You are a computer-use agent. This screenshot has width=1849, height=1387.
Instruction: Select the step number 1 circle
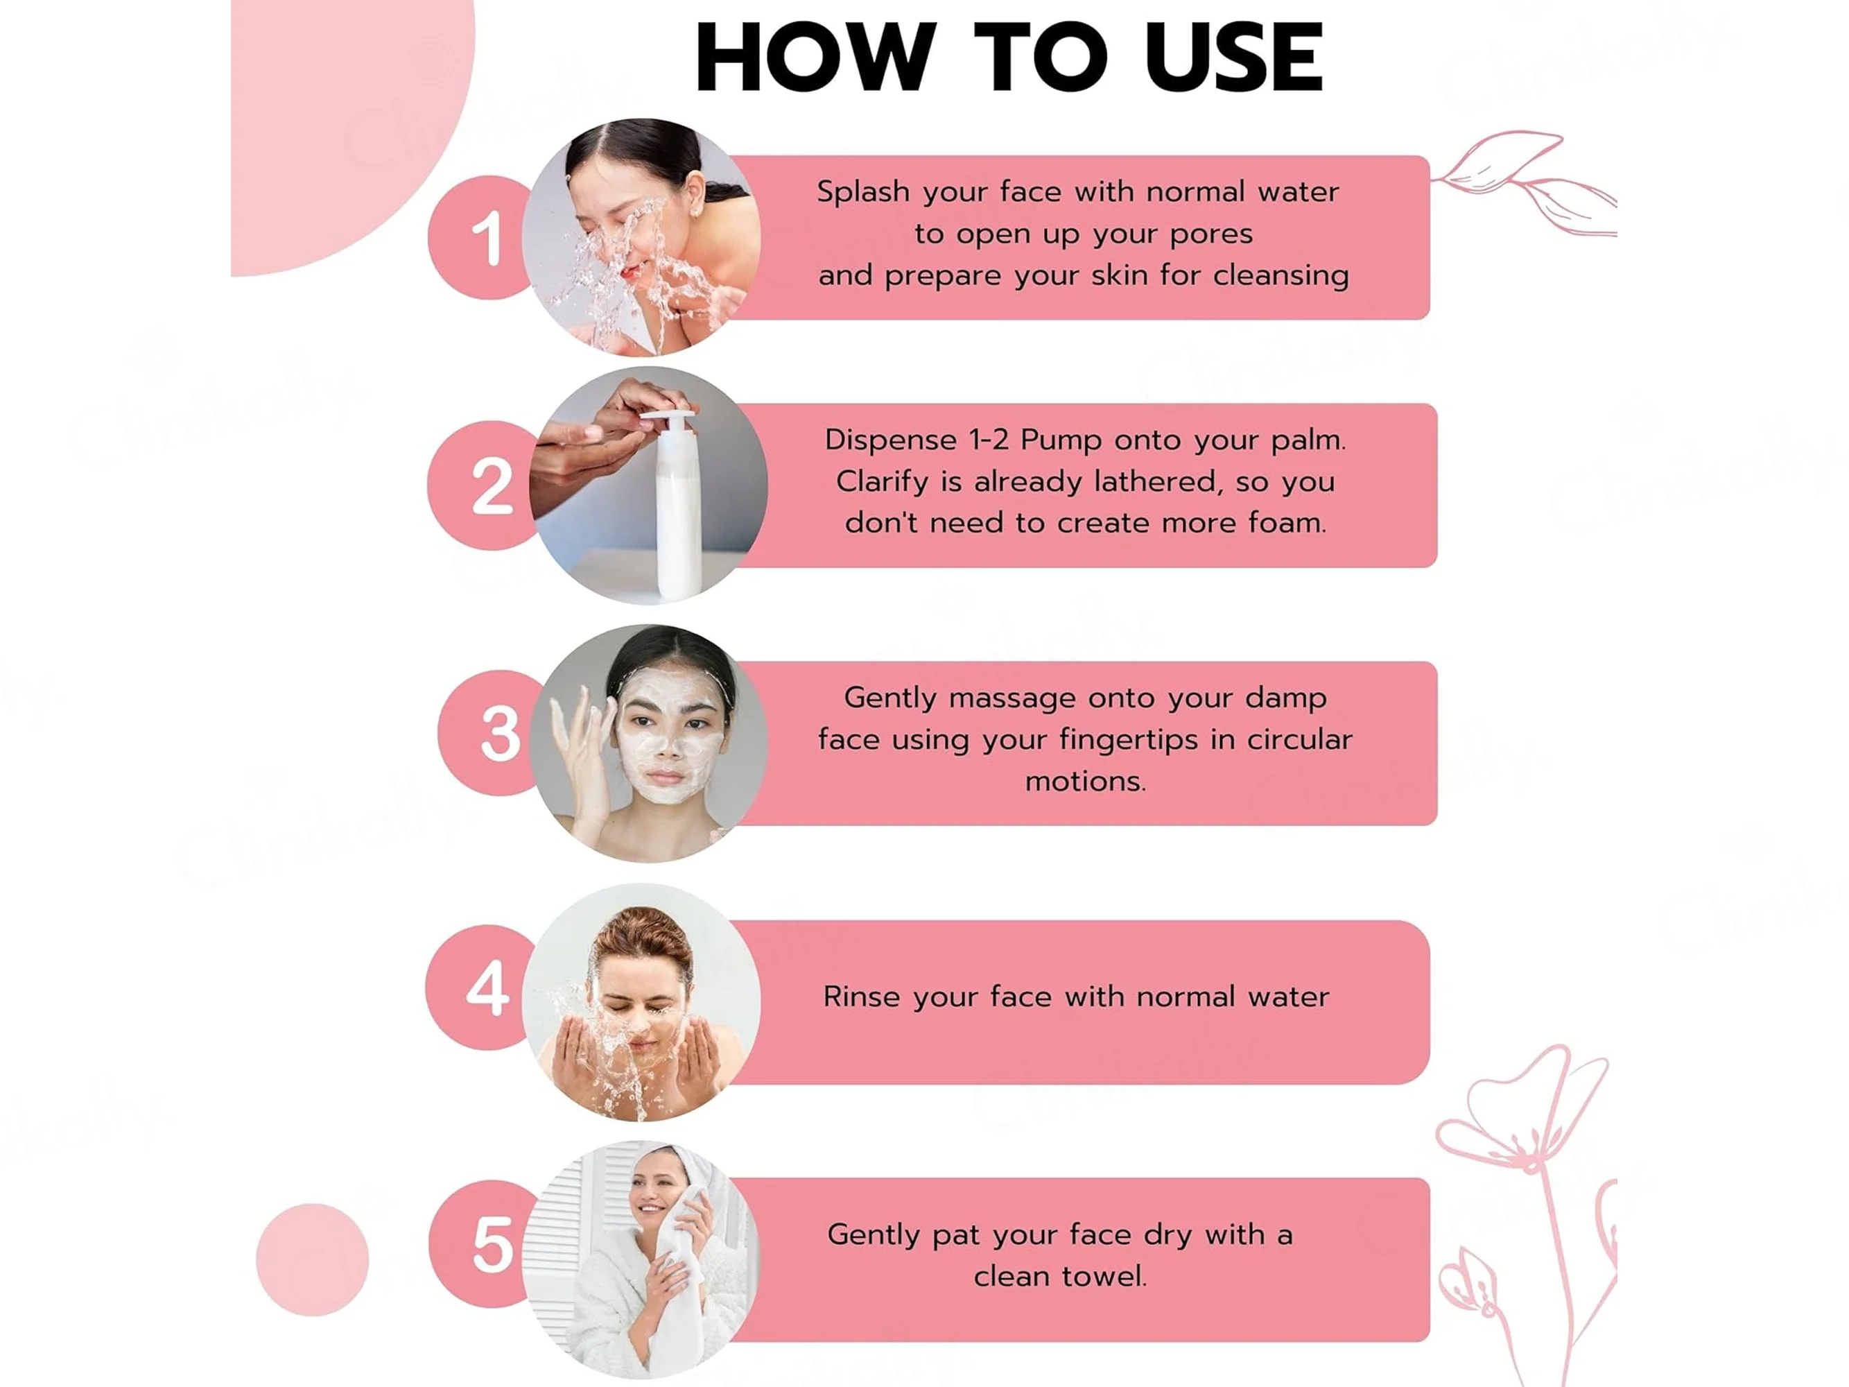tap(480, 237)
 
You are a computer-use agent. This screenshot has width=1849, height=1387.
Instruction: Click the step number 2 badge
tap(483, 485)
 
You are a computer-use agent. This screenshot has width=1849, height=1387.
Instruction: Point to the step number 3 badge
tap(492, 732)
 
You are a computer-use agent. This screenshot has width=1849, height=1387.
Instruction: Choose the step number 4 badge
tap(480, 988)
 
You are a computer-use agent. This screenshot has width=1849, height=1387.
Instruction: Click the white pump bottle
tap(677, 505)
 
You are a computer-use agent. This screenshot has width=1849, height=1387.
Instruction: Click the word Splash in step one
tap(862, 192)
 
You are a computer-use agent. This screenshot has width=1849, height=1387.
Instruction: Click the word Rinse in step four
tap(860, 997)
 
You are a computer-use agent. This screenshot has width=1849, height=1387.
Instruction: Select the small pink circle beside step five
tap(313, 1260)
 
